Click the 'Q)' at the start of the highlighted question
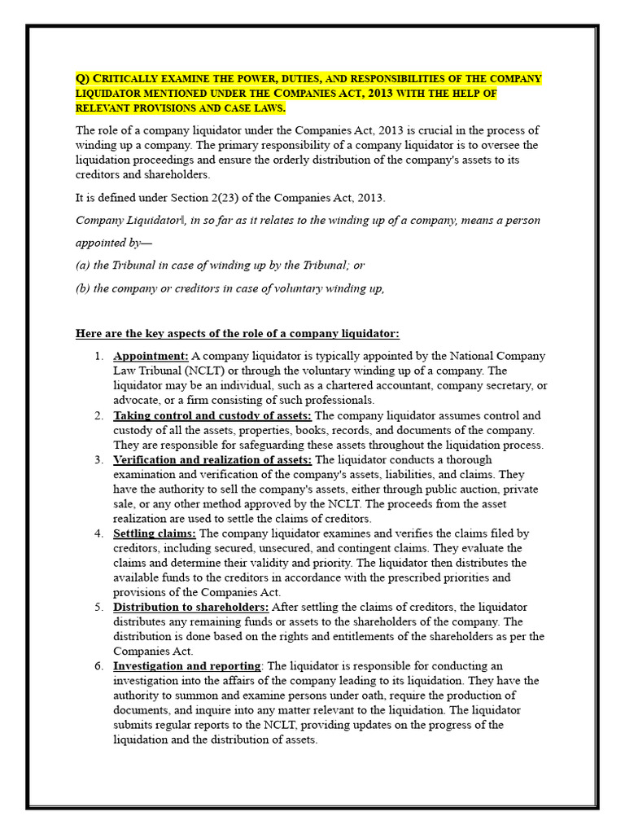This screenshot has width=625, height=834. click(82, 79)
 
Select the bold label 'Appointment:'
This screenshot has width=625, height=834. click(151, 356)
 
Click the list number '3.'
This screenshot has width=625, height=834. click(98, 459)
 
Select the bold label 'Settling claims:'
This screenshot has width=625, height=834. click(155, 533)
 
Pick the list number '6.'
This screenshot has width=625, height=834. click(98, 666)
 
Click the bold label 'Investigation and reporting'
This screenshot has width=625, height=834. click(187, 666)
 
